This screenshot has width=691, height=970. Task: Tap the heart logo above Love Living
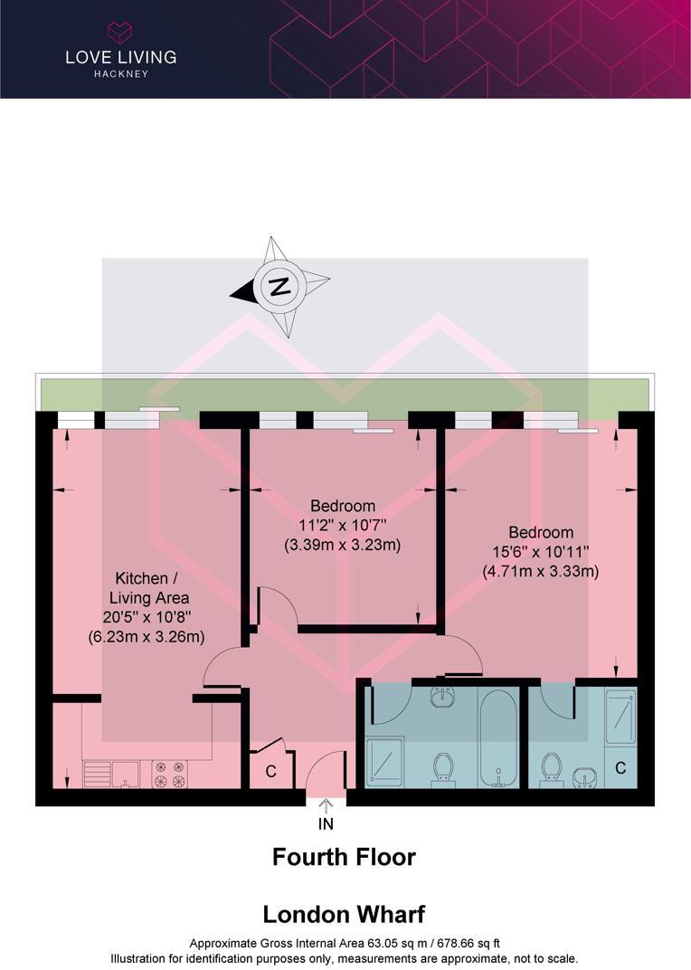(120, 33)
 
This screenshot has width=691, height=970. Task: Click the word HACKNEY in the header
(121, 73)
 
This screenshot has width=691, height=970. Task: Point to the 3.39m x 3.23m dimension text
(343, 545)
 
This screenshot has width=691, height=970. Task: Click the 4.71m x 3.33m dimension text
(541, 571)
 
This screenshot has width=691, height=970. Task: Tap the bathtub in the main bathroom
(498, 737)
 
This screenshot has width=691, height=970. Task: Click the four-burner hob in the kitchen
(169, 775)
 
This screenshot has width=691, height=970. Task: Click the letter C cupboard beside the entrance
(271, 771)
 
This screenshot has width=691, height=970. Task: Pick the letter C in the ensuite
(620, 767)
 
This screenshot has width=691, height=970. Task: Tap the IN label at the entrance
(326, 824)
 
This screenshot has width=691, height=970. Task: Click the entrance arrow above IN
(326, 804)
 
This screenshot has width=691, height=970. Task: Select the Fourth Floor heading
(344, 857)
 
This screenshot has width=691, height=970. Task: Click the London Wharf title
(344, 914)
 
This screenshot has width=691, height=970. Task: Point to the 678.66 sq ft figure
(469, 944)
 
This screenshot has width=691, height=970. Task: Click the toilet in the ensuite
(551, 770)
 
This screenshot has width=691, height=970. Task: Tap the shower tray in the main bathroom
(384, 762)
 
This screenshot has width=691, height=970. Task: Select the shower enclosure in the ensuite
(620, 717)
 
